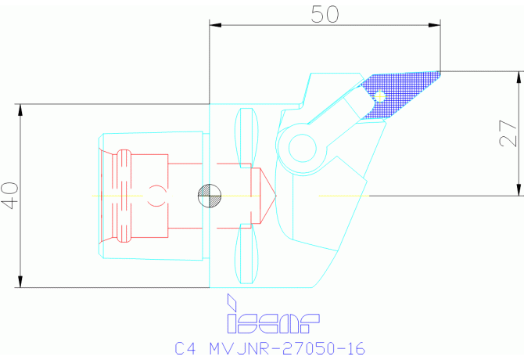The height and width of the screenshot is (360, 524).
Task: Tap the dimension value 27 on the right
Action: tap(511, 133)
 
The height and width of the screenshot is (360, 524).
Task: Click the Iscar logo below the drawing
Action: tap(272, 321)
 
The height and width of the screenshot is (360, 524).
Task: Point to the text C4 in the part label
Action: tap(184, 347)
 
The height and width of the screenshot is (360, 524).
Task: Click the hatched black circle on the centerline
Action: tap(210, 195)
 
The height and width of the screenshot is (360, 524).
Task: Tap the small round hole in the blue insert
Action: tap(380, 96)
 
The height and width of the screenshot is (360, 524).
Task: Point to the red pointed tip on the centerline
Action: tap(268, 195)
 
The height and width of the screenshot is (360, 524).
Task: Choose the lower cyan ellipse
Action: tap(247, 256)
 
